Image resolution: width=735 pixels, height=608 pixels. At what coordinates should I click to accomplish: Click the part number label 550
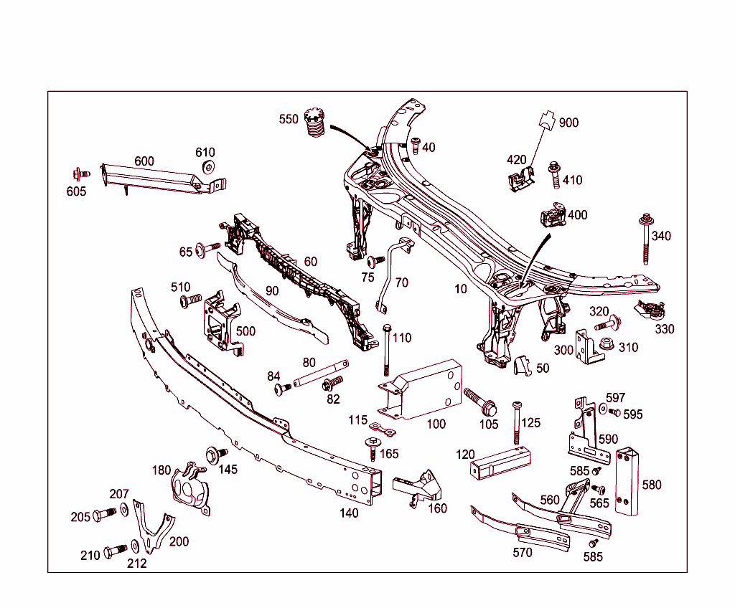(x=289, y=119)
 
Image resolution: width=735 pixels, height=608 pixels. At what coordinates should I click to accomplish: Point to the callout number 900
(x=568, y=123)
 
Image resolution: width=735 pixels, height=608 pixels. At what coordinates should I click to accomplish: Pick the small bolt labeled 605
(x=79, y=174)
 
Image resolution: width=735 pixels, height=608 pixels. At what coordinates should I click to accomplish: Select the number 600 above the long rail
(x=144, y=161)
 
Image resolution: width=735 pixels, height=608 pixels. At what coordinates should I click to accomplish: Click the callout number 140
(x=349, y=513)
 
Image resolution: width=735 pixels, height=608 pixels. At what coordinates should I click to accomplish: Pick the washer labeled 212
(x=136, y=546)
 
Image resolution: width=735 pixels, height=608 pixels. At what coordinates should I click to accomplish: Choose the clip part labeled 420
(x=521, y=179)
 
